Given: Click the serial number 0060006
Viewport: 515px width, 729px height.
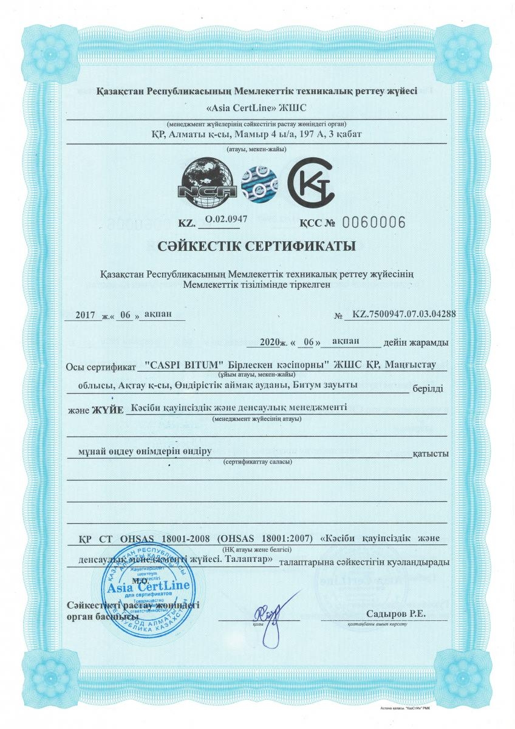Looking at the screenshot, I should click(x=374, y=222).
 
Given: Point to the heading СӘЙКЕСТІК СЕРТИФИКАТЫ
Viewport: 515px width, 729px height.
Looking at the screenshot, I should click(x=257, y=247).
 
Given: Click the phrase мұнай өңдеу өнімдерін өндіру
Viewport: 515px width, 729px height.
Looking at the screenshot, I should click(x=140, y=453).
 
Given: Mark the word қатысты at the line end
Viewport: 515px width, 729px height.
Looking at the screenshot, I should click(x=431, y=454).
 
